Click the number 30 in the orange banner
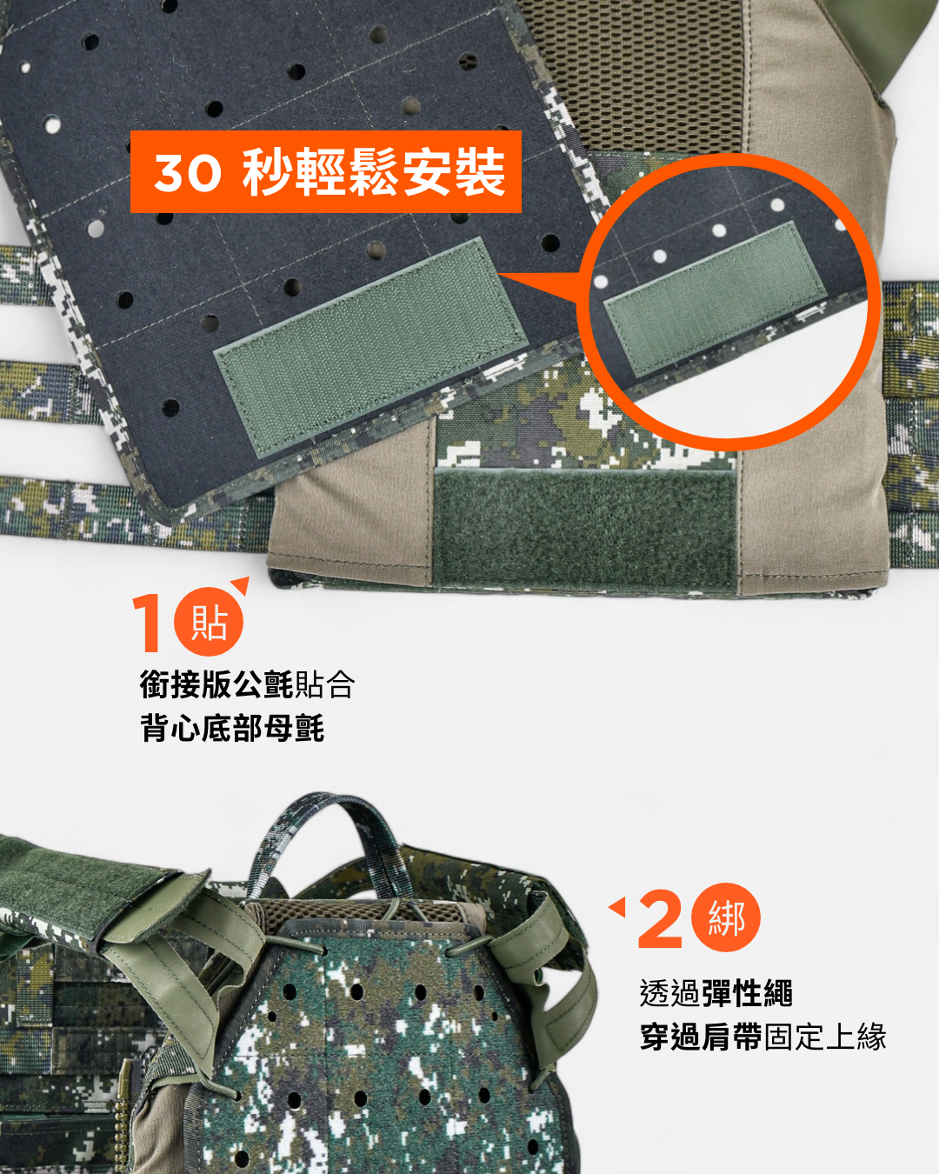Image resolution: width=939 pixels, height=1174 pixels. (187, 173)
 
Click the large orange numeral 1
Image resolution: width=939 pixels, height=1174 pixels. (148, 623)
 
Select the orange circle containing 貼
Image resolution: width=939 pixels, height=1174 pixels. (209, 623)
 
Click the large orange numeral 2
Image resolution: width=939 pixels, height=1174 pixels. (661, 919)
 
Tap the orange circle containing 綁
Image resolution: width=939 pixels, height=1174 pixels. (726, 918)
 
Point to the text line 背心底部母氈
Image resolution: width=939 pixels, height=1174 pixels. (232, 729)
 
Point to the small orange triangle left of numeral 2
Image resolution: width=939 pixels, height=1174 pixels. (617, 908)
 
